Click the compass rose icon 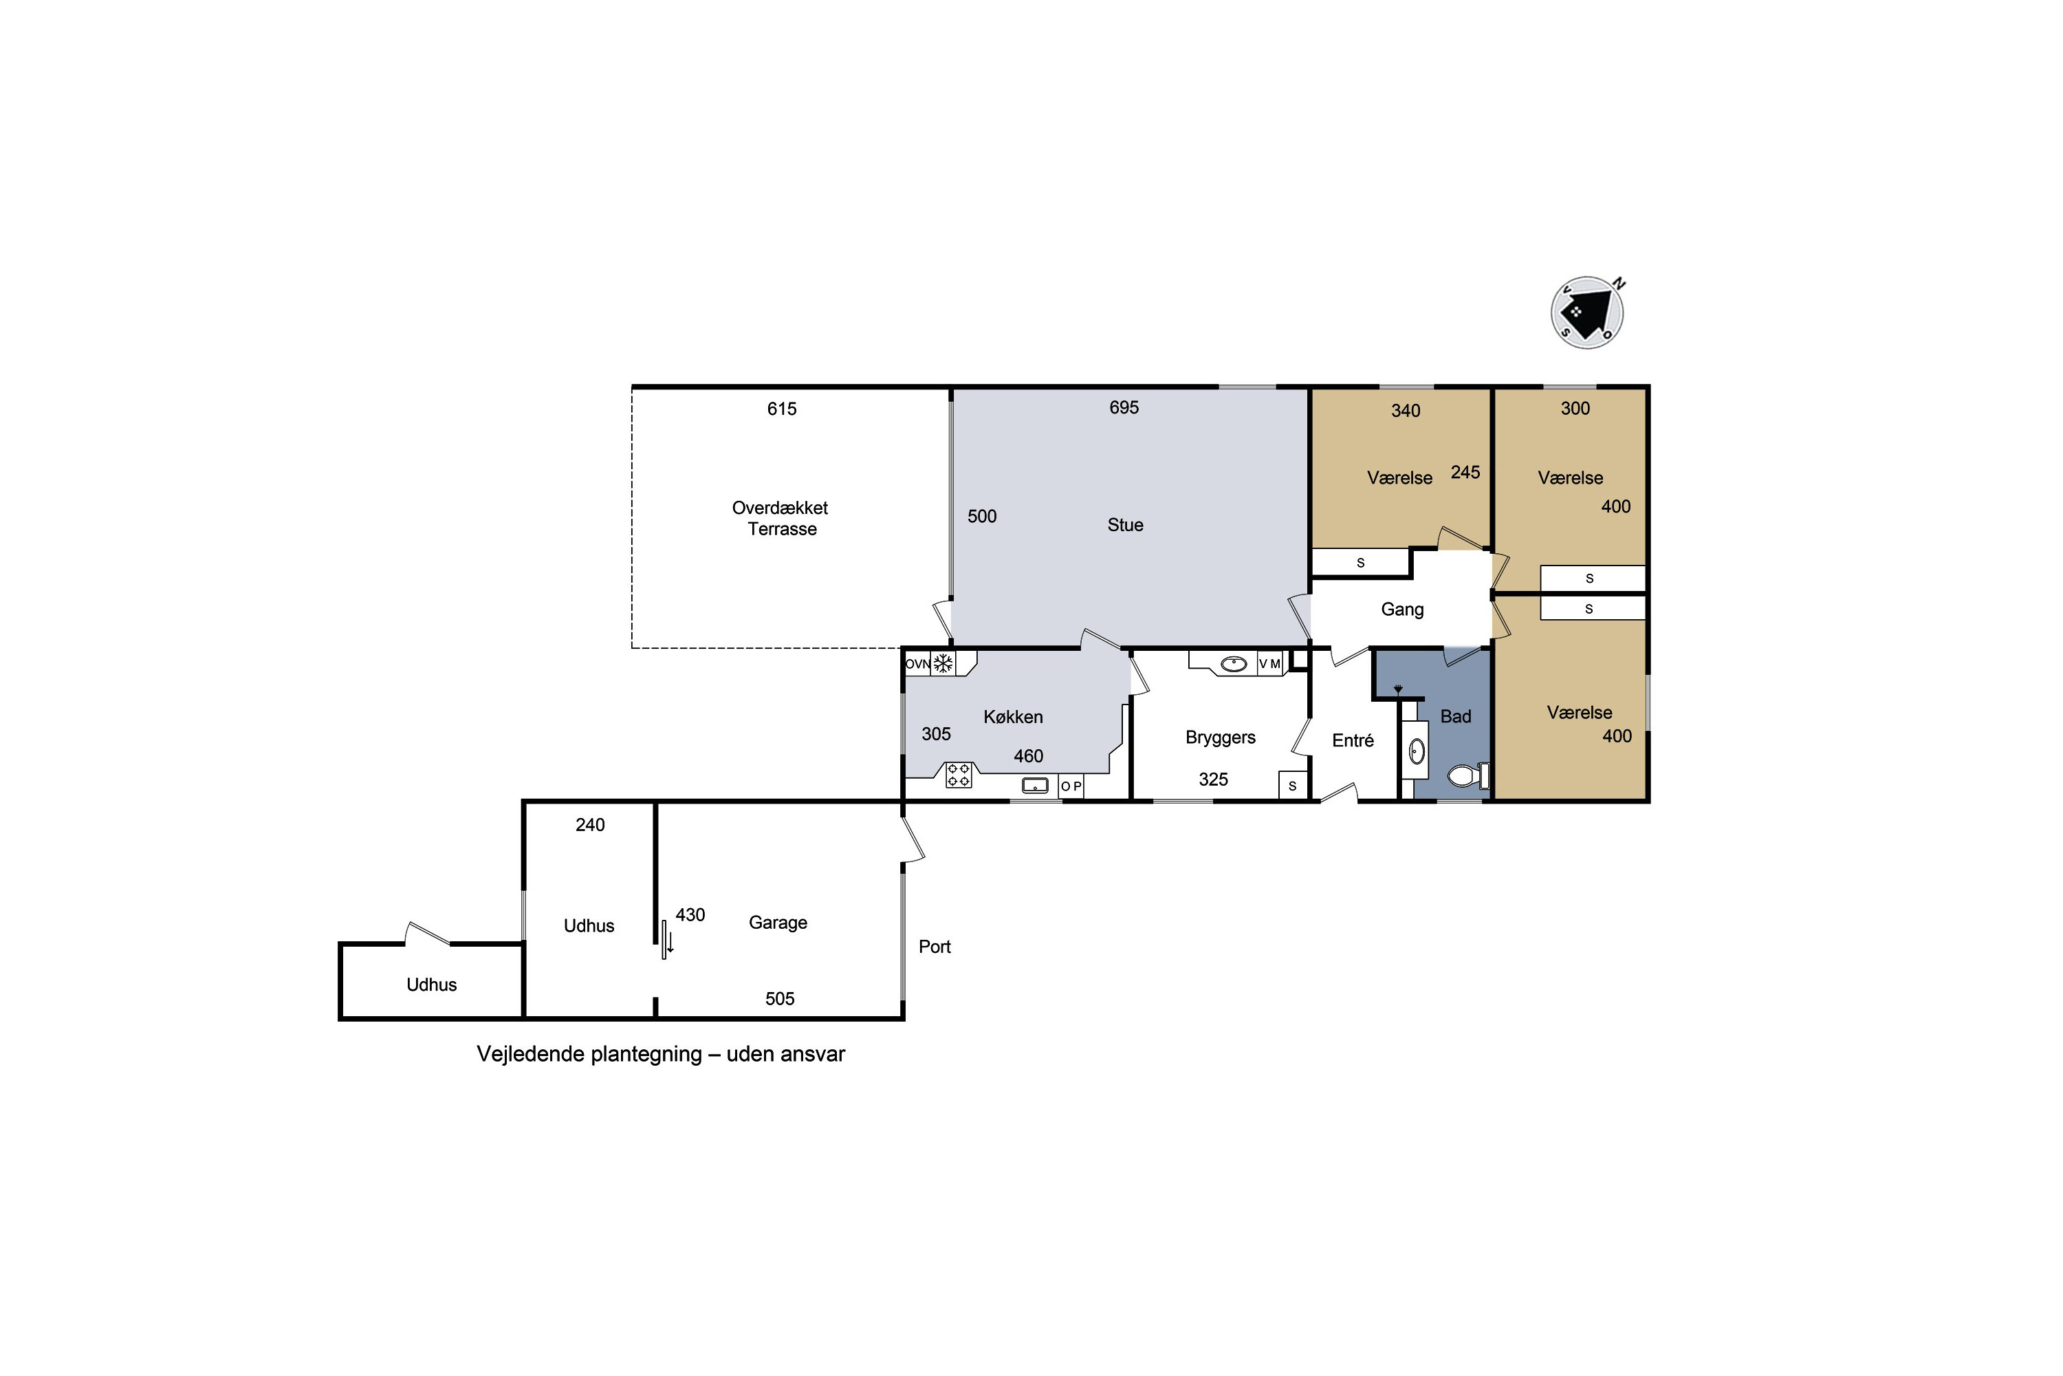(x=1588, y=313)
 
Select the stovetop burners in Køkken (x=959, y=775)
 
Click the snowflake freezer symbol (x=943, y=663)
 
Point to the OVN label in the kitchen (x=917, y=665)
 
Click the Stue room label (x=1125, y=525)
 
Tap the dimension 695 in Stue (x=1124, y=407)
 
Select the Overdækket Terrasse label (x=781, y=518)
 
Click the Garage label (x=778, y=923)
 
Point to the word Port (x=934, y=946)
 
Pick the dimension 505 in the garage (x=780, y=999)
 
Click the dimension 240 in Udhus (x=590, y=825)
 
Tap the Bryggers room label (x=1220, y=737)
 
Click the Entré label (x=1353, y=741)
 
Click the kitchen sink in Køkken (x=1035, y=786)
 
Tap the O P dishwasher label (x=1071, y=786)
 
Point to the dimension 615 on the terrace (x=781, y=409)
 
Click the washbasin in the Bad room (x=1417, y=751)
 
